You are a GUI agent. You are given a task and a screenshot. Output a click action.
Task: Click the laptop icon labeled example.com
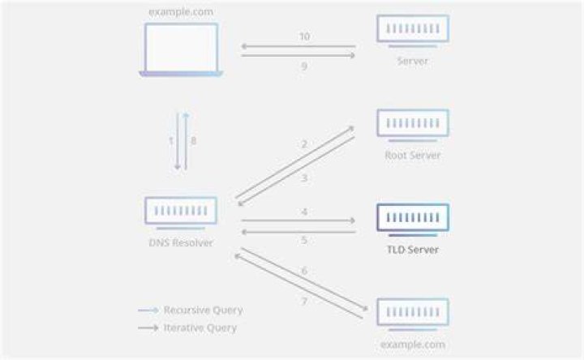[181, 50]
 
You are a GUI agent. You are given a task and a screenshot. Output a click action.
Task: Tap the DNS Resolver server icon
[181, 213]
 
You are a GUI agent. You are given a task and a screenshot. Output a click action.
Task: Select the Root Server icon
[413, 125]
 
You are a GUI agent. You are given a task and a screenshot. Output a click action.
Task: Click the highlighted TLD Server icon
[413, 220]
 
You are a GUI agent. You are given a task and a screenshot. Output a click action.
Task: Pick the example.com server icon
[413, 315]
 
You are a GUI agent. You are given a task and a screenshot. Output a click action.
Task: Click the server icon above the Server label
[413, 31]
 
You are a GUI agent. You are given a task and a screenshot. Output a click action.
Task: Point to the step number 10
[305, 36]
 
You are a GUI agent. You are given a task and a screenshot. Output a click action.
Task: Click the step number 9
[304, 66]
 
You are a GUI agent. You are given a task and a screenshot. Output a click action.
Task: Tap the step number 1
[171, 141]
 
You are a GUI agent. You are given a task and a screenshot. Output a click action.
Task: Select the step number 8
[193, 141]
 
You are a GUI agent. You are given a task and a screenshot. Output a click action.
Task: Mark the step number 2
[304, 144]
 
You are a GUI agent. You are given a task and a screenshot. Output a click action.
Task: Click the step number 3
[304, 178]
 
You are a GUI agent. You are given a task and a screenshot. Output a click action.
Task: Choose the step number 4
[304, 212]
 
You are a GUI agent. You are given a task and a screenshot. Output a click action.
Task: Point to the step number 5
[304, 240]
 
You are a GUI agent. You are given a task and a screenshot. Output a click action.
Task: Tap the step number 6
[304, 271]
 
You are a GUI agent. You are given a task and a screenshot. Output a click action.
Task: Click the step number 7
[304, 301]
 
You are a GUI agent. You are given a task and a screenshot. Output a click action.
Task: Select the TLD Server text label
[413, 250]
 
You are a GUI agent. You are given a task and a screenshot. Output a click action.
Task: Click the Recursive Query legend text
[204, 310]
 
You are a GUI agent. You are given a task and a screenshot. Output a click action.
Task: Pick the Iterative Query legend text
[200, 328]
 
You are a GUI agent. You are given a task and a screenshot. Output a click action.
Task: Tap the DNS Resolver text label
[181, 242]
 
